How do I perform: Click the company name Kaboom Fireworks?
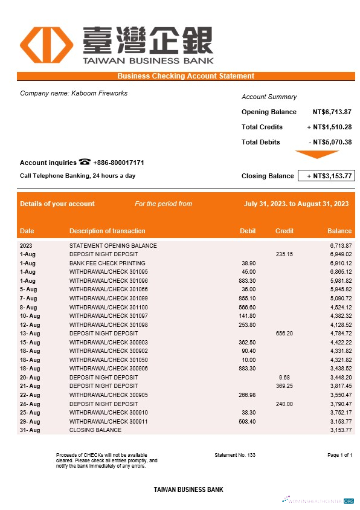(x=74, y=93)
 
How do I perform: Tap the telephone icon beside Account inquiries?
(x=85, y=162)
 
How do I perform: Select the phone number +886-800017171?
(x=118, y=163)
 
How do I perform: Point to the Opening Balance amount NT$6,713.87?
(x=332, y=112)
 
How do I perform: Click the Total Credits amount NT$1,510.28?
(x=329, y=127)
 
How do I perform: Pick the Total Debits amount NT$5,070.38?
(x=330, y=142)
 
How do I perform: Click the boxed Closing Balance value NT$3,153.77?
(x=326, y=176)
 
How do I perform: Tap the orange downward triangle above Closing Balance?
(x=317, y=155)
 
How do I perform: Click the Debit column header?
(x=248, y=231)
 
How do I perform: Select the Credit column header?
(x=284, y=231)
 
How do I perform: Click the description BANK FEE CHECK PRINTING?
(x=108, y=263)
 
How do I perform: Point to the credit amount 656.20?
(x=284, y=334)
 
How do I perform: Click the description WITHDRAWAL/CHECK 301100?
(x=109, y=307)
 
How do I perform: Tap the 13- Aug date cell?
(x=30, y=334)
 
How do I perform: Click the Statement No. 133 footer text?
(x=235, y=454)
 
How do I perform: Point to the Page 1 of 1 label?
(x=339, y=454)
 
